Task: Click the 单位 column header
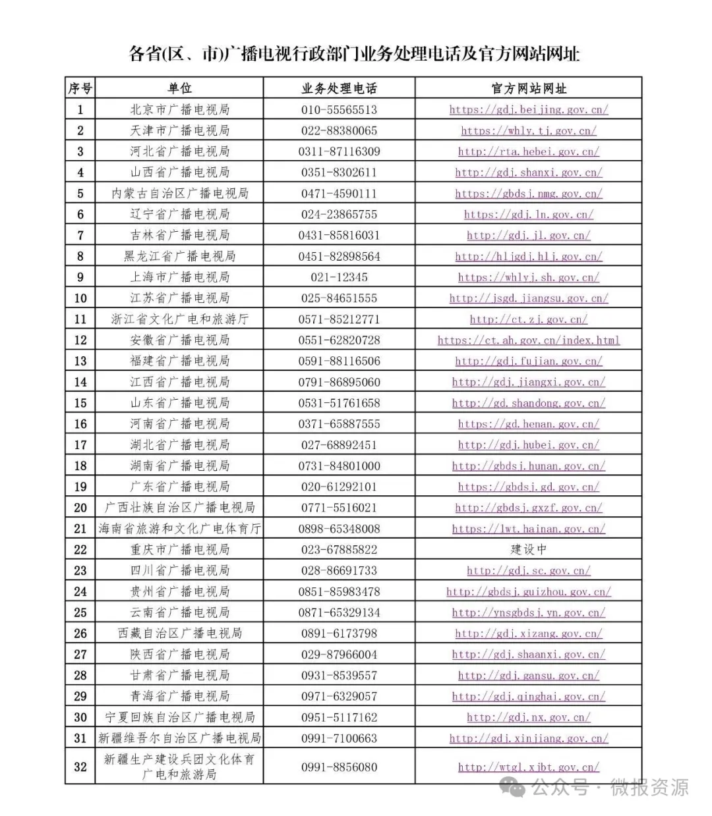point(179,88)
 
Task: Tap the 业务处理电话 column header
point(339,88)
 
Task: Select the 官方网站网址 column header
point(528,88)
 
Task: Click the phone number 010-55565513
point(339,109)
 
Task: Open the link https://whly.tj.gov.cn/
point(528,130)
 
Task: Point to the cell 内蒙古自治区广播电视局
point(179,194)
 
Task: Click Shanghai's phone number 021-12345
point(339,277)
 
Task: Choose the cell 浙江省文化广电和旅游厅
point(179,319)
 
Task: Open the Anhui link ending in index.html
point(528,340)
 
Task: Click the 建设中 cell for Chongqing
point(528,549)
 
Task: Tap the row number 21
point(80,528)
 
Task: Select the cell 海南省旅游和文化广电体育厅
point(179,528)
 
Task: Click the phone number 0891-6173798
point(339,634)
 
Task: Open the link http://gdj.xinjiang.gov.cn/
point(528,738)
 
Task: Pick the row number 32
point(80,767)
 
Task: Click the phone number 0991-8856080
point(339,767)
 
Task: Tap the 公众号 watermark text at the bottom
point(560,786)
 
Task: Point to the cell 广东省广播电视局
point(179,487)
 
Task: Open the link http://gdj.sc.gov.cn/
point(528,570)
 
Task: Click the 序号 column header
point(80,88)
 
